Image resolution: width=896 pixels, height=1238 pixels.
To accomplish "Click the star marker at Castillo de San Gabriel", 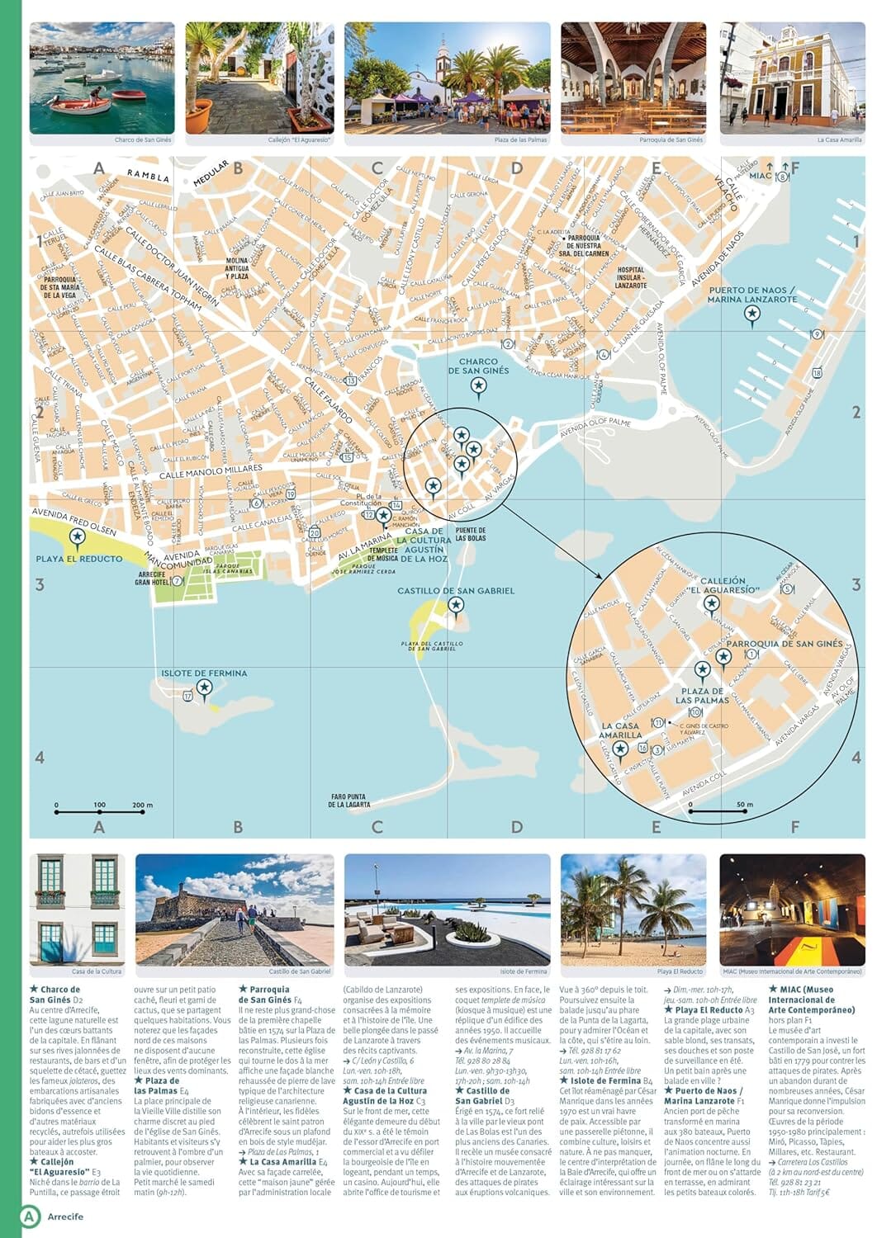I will pyautogui.click(x=455, y=605).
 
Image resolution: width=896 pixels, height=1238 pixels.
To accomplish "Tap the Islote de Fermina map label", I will pyautogui.click(x=204, y=673).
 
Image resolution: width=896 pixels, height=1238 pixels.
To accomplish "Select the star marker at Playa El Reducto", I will pyautogui.click(x=78, y=538).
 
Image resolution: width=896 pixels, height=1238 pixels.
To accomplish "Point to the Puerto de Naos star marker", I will pyautogui.click(x=751, y=313).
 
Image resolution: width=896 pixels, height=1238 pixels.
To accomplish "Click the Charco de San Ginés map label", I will pyautogui.click(x=478, y=366).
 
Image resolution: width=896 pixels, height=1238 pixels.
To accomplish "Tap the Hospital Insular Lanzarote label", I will pyautogui.click(x=630, y=276).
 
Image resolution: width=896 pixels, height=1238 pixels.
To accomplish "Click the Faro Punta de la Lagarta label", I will pyautogui.click(x=348, y=800).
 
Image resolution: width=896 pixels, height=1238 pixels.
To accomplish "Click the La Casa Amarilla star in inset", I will pyautogui.click(x=620, y=749).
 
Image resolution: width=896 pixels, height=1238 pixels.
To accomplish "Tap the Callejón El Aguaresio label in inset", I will pyautogui.click(x=723, y=585).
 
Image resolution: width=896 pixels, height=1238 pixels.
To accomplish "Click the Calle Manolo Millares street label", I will pyautogui.click(x=211, y=471).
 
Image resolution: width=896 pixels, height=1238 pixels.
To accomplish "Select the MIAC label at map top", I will pyautogui.click(x=760, y=175).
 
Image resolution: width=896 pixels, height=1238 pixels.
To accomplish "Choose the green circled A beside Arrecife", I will pyautogui.click(x=30, y=1216).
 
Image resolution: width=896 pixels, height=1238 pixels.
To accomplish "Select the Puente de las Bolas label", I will pyautogui.click(x=470, y=534).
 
